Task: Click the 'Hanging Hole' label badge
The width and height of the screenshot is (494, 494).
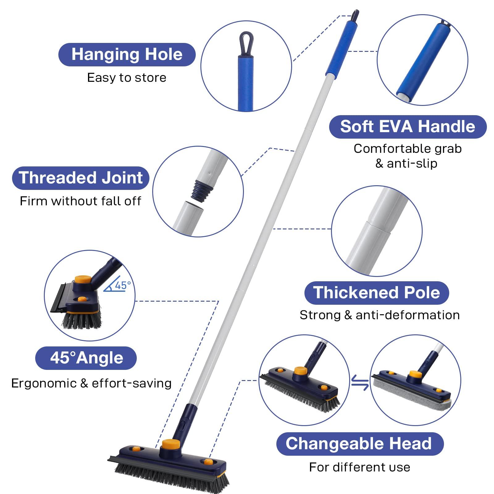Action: pyautogui.click(x=127, y=54)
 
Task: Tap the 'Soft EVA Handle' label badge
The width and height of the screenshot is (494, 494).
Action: pyautogui.click(x=408, y=127)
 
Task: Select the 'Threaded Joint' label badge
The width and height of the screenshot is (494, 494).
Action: pyautogui.click(x=81, y=178)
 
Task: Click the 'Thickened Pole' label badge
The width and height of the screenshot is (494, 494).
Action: pyautogui.click(x=377, y=292)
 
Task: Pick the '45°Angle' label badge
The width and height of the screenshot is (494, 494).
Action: pyautogui.click(x=86, y=358)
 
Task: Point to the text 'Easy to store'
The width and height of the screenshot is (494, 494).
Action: pyautogui.click(x=127, y=77)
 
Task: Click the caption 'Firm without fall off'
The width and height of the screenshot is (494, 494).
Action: pyautogui.click(x=81, y=201)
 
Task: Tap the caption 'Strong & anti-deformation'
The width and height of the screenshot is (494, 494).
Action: pyautogui.click(x=379, y=315)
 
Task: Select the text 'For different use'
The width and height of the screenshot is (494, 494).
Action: pyautogui.click(x=360, y=467)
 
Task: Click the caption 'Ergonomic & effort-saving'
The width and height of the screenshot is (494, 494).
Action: pyautogui.click(x=91, y=383)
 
